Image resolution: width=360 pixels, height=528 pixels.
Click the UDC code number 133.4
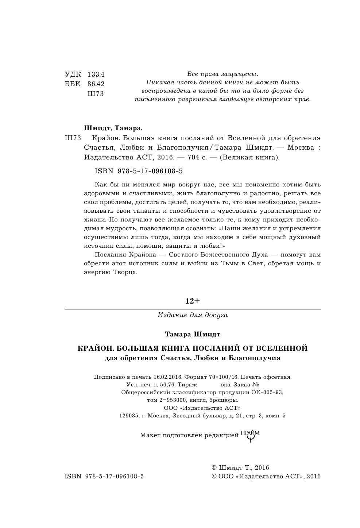(96, 74)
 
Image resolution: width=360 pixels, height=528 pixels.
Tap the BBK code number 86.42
(96, 84)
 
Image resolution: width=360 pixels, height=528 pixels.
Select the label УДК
(73, 74)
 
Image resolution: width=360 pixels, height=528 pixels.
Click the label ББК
(73, 84)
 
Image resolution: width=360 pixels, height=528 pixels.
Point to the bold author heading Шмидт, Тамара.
(113, 128)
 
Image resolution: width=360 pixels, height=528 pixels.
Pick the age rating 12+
(193, 301)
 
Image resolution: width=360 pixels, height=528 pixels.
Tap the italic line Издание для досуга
(193, 315)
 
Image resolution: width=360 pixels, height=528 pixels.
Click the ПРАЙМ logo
(250, 435)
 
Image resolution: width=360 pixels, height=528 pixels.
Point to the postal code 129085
(129, 416)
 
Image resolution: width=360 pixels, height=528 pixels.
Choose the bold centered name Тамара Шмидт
(193, 334)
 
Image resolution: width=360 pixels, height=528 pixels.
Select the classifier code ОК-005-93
(267, 393)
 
